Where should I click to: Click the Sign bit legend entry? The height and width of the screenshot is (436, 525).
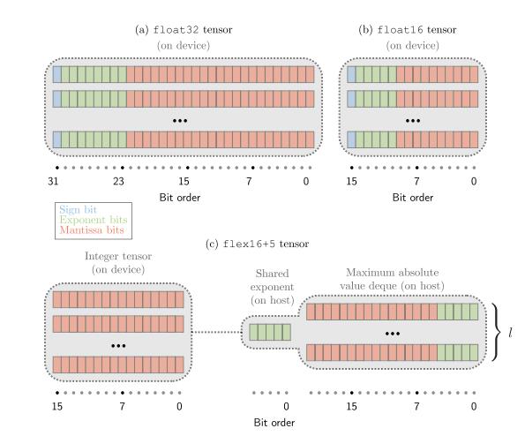click(78, 210)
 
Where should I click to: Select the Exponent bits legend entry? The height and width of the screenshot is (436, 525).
click(94, 220)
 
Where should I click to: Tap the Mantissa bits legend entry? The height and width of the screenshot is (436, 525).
click(92, 230)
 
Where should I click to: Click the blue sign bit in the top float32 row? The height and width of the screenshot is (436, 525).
click(57, 74)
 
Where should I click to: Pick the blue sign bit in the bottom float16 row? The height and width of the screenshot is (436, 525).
click(351, 139)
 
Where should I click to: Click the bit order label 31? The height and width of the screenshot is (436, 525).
click(53, 182)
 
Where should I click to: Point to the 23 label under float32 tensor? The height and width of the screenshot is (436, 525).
click(118, 182)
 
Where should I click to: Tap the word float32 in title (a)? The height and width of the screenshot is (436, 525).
click(176, 30)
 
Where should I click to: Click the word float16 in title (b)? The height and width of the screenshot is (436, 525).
click(400, 30)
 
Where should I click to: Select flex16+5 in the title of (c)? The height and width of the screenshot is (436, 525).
click(249, 244)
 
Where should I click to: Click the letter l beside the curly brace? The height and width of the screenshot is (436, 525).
click(510, 333)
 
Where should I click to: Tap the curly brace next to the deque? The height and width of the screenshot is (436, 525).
click(496, 332)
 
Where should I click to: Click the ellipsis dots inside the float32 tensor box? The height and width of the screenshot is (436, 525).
click(180, 121)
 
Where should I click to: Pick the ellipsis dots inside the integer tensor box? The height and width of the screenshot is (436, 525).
click(118, 346)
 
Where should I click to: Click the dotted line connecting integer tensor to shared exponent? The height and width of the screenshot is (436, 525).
click(217, 332)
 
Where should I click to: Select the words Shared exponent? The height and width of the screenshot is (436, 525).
click(273, 281)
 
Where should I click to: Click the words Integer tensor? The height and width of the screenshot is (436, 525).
click(118, 256)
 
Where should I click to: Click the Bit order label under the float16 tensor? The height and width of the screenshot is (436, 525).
click(413, 198)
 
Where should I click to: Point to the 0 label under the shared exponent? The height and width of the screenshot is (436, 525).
click(286, 407)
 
